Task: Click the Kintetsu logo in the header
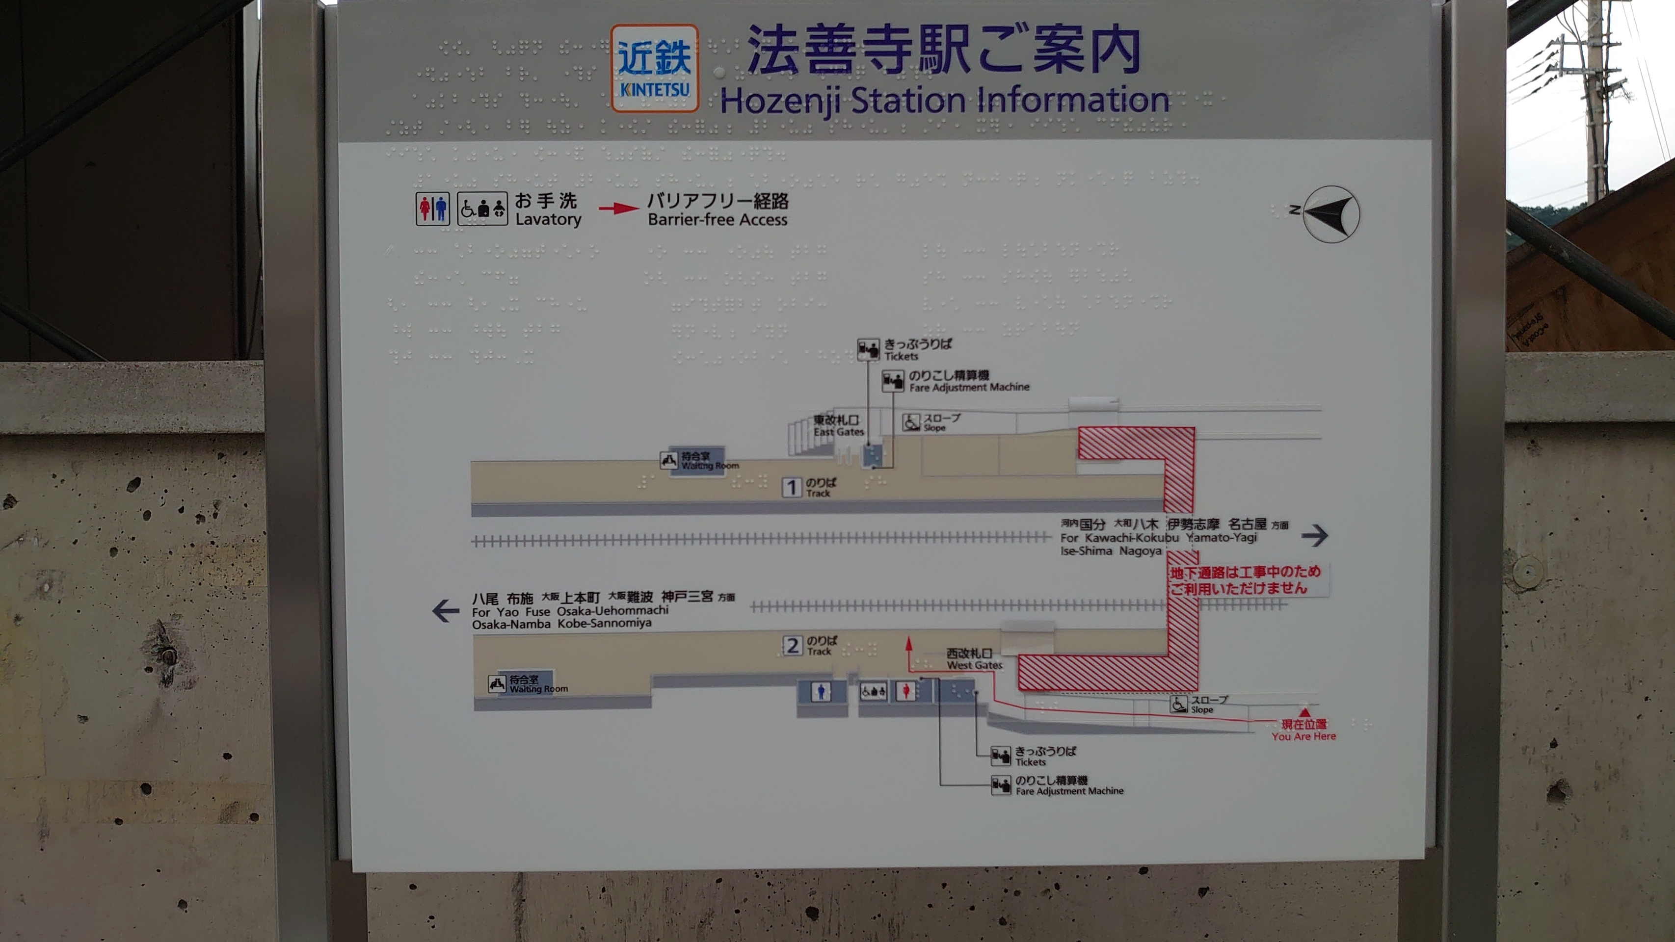coord(654,68)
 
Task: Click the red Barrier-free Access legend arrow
coord(618,209)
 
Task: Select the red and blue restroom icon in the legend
coord(432,209)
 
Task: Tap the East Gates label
coord(838,426)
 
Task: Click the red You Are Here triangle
coord(1303,712)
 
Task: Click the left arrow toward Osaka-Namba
coord(446,611)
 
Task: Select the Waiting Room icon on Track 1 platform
coord(668,460)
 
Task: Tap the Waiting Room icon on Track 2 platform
coord(497,684)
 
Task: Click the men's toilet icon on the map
coord(821,692)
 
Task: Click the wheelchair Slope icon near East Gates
coord(911,422)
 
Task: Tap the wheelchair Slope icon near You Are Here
coord(1178,704)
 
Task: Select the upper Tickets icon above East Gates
coord(867,350)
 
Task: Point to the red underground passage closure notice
coord(1245,580)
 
